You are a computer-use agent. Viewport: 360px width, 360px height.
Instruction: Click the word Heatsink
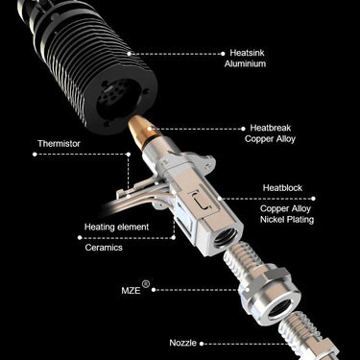pyautogui.click(x=247, y=53)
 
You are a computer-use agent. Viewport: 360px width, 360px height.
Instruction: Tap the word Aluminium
pyautogui.click(x=245, y=63)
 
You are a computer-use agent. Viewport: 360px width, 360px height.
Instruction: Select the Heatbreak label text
pyautogui.click(x=271, y=128)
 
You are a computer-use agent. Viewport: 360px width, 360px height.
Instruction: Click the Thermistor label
pyautogui.click(x=59, y=144)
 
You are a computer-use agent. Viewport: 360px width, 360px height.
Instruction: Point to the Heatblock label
pyautogui.click(x=282, y=188)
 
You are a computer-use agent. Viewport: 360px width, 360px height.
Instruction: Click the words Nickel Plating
pyautogui.click(x=287, y=220)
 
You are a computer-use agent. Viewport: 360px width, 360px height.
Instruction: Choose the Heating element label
pyautogui.click(x=116, y=228)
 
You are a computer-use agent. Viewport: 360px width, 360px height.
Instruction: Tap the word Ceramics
pyautogui.click(x=104, y=248)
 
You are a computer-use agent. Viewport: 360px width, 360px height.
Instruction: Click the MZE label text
pyautogui.click(x=131, y=291)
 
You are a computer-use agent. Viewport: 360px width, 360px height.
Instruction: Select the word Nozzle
pyautogui.click(x=183, y=343)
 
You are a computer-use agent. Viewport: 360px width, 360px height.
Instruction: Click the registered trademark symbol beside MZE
pyautogui.click(x=146, y=284)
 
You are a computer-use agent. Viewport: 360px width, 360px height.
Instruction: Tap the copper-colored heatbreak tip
pyautogui.click(x=141, y=127)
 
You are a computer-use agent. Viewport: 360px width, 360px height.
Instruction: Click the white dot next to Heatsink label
pyautogui.click(x=223, y=54)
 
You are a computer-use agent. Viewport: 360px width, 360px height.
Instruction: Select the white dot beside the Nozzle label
pyautogui.click(x=202, y=344)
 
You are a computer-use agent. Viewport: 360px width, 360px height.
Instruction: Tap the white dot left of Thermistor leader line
pyautogui.click(x=35, y=155)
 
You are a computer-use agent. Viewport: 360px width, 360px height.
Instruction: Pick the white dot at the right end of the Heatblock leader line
pyautogui.click(x=313, y=199)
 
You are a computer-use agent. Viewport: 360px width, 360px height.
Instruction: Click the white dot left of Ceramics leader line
pyautogui.click(x=80, y=237)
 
